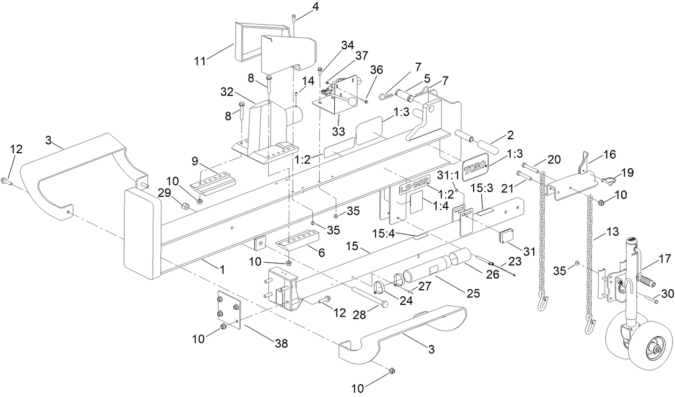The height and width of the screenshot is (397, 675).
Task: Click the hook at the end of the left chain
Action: click(x=542, y=305)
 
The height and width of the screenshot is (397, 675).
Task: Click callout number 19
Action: click(x=627, y=173)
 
